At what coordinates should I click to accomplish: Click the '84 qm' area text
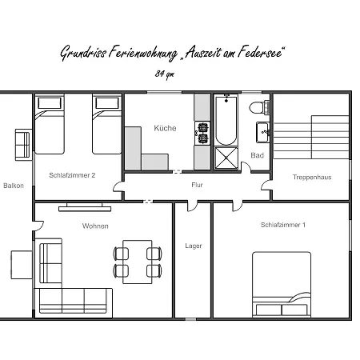pyautogui.click(x=164, y=73)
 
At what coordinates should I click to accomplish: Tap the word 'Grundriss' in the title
pyautogui.click(x=82, y=54)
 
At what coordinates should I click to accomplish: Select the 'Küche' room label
pyautogui.click(x=165, y=128)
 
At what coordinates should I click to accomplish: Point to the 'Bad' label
pyautogui.click(x=257, y=155)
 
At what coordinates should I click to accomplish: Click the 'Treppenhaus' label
pyautogui.click(x=310, y=176)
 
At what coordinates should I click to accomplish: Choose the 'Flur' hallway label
pyautogui.click(x=196, y=186)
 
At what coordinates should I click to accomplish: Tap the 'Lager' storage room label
pyautogui.click(x=193, y=246)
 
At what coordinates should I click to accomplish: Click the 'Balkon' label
pyautogui.click(x=14, y=186)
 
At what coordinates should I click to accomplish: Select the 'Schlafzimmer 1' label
pyautogui.click(x=283, y=225)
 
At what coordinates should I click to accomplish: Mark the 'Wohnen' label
pyautogui.click(x=95, y=226)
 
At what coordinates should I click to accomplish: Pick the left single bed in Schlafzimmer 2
pyautogui.click(x=50, y=126)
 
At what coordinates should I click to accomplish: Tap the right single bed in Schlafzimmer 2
pyautogui.click(x=106, y=126)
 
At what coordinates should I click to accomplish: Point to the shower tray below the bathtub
pyautogui.click(x=226, y=158)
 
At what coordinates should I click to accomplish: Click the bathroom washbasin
pyautogui.click(x=262, y=130)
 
